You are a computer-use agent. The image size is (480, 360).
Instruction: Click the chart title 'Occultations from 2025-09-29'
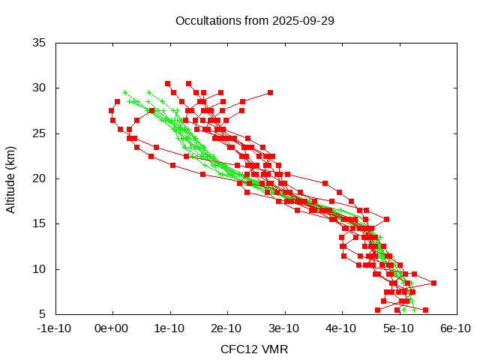pyautogui.click(x=254, y=20)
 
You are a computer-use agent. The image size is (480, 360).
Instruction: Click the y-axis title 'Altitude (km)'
pyautogui.click(x=11, y=178)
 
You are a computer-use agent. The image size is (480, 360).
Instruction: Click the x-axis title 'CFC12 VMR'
pyautogui.click(x=254, y=349)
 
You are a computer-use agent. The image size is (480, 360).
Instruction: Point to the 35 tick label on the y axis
pyautogui.click(x=40, y=43)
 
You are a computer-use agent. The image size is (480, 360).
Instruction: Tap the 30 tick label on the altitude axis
pyautogui.click(x=40, y=88)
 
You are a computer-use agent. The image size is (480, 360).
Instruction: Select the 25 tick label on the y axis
pyautogui.click(x=40, y=133)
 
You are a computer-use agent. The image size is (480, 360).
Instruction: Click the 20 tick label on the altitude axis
pyautogui.click(x=40, y=178)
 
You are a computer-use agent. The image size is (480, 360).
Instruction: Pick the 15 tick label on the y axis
pyautogui.click(x=40, y=223)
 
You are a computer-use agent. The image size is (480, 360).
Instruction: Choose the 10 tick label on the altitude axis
pyautogui.click(x=40, y=268)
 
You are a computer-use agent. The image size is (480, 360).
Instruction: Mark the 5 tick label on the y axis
pyautogui.click(x=43, y=313)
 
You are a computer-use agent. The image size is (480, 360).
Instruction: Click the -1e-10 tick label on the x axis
pyautogui.click(x=55, y=328)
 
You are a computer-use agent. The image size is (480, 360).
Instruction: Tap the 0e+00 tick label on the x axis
pyautogui.click(x=112, y=328)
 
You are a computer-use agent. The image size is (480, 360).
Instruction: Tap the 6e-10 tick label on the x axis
pyautogui.click(x=455, y=328)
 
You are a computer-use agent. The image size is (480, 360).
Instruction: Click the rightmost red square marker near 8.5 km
pyautogui.click(x=433, y=283)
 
